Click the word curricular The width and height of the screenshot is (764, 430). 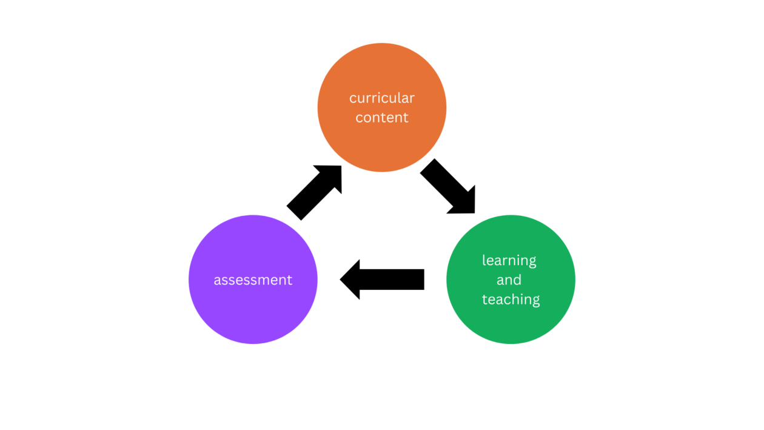[x=382, y=98]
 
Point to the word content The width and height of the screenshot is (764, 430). [x=382, y=118]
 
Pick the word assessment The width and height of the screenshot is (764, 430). [x=253, y=280]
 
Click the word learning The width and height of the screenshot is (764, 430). [x=509, y=261]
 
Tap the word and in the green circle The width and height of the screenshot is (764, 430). [x=509, y=280]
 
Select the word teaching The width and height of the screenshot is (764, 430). [x=511, y=299]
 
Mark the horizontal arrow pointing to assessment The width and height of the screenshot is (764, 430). [x=382, y=280]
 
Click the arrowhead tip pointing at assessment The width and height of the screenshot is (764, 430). [x=343, y=280]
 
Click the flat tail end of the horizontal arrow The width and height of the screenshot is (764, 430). [x=423, y=280]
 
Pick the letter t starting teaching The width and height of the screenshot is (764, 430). [x=485, y=299]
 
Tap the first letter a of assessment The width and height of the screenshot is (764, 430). [x=217, y=280]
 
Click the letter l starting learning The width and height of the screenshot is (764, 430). [x=484, y=260]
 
